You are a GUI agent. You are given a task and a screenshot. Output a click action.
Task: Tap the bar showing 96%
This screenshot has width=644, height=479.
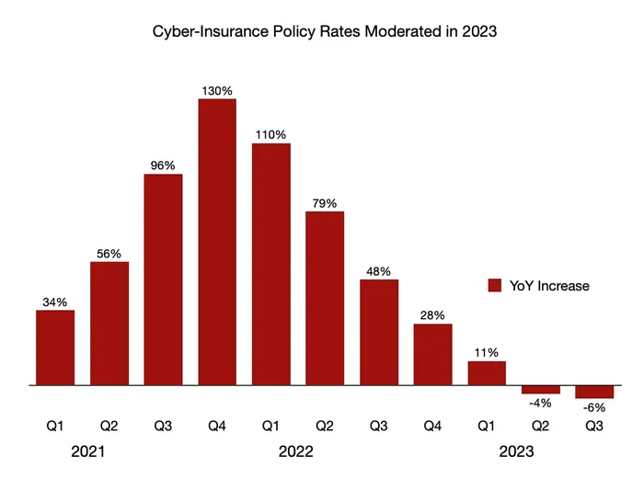[163, 279]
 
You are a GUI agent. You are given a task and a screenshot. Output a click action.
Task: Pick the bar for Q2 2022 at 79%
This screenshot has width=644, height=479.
[325, 298]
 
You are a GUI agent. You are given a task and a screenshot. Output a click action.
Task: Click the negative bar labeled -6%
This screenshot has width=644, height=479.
[594, 392]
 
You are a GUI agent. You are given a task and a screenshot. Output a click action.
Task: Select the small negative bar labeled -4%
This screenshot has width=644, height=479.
[541, 390]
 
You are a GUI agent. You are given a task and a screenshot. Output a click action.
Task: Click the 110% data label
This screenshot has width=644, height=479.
[270, 134]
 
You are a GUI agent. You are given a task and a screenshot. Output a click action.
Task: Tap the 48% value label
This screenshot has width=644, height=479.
[378, 271]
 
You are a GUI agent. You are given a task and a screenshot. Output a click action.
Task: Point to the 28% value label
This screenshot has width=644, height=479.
[432, 315]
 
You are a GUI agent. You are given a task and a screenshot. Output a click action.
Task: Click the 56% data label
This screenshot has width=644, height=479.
[109, 254]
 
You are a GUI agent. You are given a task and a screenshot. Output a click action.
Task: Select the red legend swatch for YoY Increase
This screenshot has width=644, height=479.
[494, 286]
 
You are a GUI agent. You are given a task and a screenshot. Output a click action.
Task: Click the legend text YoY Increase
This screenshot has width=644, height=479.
[549, 286]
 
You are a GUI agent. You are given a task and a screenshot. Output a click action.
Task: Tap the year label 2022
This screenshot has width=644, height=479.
[297, 452]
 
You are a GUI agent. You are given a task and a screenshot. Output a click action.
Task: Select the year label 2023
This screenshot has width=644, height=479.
[515, 452]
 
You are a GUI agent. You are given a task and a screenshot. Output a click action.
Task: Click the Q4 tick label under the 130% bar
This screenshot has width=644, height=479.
[217, 426]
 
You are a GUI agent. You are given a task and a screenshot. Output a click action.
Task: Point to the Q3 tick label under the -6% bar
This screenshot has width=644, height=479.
[594, 426]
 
